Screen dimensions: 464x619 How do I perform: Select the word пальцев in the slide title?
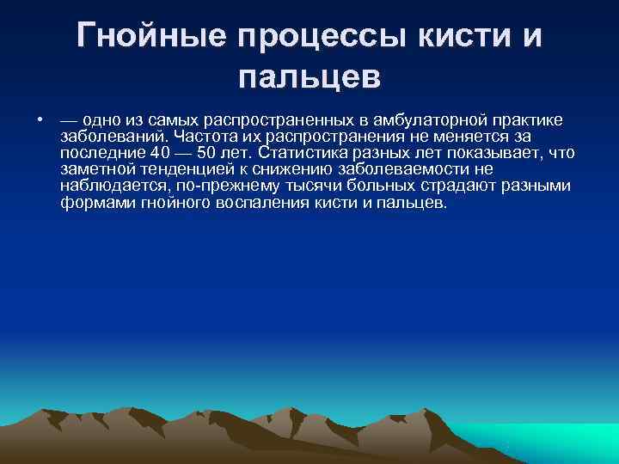(x=309, y=78)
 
